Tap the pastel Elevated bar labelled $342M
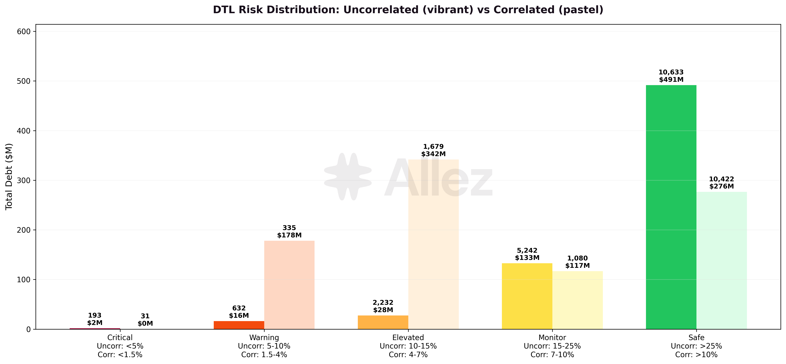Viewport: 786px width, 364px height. pyautogui.click(x=433, y=244)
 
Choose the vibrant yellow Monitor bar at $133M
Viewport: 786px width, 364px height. pyautogui.click(x=527, y=296)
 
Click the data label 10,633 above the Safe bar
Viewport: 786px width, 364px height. pyautogui.click(x=671, y=72)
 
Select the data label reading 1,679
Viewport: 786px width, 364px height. pyautogui.click(x=433, y=147)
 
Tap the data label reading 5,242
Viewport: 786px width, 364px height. pyautogui.click(x=527, y=251)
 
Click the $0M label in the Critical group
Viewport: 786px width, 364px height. pyautogui.click(x=145, y=323)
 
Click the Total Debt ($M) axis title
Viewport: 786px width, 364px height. pyautogui.click(x=9, y=176)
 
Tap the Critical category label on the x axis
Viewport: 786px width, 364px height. pyautogui.click(x=120, y=337)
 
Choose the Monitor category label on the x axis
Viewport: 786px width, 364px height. pyautogui.click(x=552, y=337)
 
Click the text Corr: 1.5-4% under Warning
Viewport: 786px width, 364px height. pyautogui.click(x=264, y=355)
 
